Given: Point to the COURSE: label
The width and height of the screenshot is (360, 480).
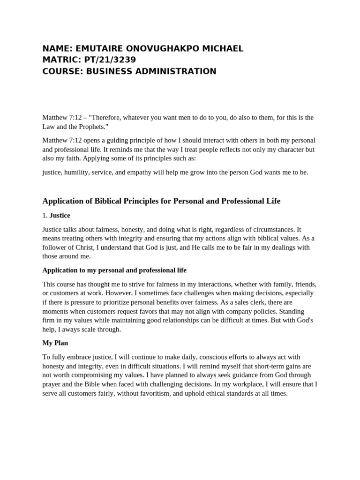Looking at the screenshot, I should click(x=61, y=71).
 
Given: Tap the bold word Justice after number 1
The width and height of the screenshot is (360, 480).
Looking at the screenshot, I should click(x=60, y=216).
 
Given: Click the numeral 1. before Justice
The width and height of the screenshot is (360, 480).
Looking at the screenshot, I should click(x=45, y=216).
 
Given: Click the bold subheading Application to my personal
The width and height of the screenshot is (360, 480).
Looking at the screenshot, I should click(x=114, y=270).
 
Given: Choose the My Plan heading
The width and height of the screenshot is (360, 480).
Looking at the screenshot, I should click(x=55, y=343).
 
